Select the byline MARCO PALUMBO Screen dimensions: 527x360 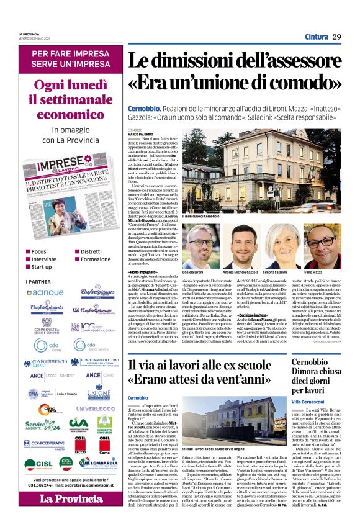(x=142, y=134)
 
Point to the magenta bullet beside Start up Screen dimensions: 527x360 (x=26, y=267)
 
